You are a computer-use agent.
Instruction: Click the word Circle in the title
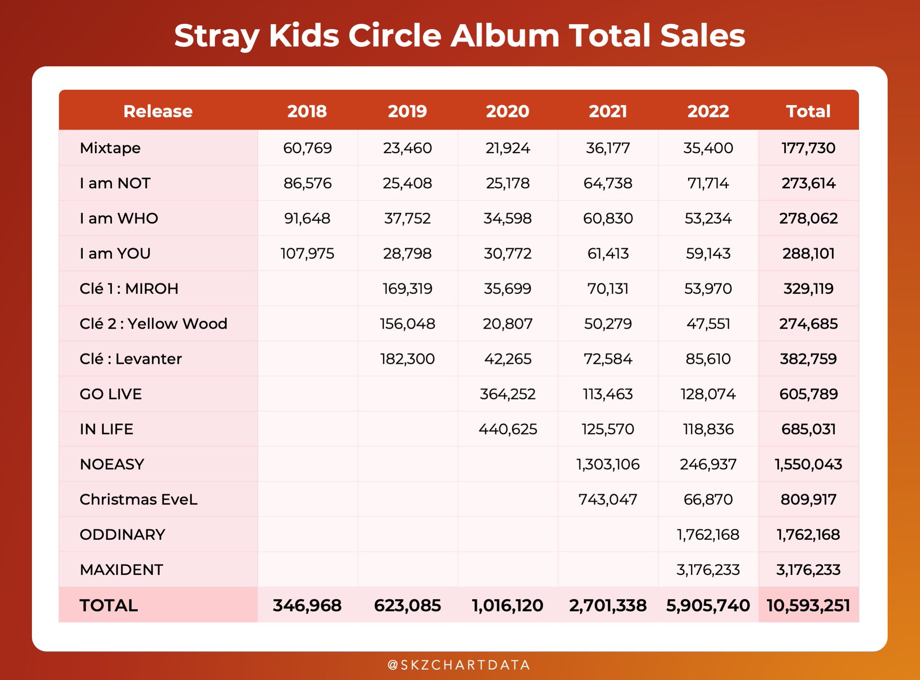coord(395,36)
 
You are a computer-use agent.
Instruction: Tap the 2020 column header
coord(508,111)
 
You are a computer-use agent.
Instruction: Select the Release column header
coord(158,111)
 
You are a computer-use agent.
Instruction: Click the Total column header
coord(808,111)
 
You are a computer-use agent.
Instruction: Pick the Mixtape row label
coord(110,148)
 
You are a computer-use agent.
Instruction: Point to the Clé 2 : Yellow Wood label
coord(153,324)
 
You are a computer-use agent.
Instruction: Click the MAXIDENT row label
coord(121,569)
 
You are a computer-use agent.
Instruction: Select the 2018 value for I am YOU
coord(307,253)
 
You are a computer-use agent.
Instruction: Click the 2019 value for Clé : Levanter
coord(407,359)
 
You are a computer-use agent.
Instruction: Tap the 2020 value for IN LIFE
coord(508,429)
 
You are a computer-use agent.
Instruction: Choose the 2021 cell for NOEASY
coord(608,464)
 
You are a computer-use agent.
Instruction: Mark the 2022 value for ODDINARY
coord(708,534)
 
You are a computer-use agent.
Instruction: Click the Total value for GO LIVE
coord(808,394)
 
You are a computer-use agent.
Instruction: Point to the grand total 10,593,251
coord(808,605)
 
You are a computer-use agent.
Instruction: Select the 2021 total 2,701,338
coord(608,605)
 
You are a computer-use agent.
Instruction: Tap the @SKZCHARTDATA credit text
coord(459,665)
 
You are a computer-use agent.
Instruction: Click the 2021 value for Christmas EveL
coord(608,499)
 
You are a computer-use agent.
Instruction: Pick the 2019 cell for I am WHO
coord(407,218)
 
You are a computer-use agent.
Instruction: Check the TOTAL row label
coord(108,605)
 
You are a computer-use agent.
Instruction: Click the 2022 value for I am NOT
coord(708,183)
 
